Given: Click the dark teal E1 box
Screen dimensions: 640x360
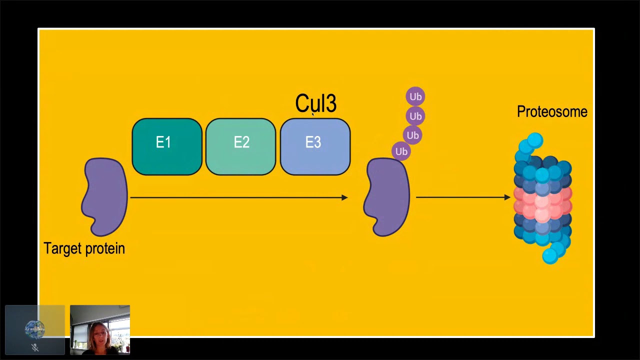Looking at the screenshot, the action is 167,146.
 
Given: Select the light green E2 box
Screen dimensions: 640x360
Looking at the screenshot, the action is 241,146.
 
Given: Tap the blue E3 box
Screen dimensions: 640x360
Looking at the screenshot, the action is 315,146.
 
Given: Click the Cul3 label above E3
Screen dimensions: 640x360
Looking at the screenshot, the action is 315,103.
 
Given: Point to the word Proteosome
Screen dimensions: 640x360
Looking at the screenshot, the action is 552,111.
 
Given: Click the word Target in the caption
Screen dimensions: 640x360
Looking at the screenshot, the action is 62,248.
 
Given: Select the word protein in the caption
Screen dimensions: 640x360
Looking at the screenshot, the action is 105,248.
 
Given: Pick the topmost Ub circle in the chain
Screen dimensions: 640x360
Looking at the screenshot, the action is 415,96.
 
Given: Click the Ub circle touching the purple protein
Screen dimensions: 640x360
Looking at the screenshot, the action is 401,151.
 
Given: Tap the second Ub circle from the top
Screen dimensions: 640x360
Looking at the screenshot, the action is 415,116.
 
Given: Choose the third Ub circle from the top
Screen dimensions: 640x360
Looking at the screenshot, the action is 412,135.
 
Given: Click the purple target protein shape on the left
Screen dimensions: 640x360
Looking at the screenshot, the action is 105,197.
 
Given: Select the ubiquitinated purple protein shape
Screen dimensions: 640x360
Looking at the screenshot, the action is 387,197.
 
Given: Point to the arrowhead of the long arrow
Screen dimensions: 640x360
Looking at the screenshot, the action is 344,197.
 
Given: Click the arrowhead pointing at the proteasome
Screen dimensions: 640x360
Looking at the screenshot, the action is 507,197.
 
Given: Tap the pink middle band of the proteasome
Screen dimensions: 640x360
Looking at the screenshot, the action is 543,203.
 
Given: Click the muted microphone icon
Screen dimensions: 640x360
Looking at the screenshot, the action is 35,347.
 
